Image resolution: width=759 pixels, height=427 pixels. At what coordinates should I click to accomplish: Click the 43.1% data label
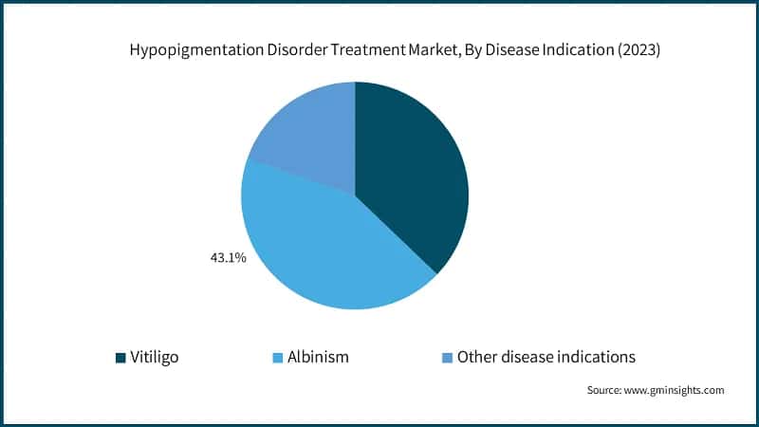(x=228, y=257)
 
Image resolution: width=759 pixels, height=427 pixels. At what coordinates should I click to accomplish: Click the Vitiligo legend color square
(x=120, y=358)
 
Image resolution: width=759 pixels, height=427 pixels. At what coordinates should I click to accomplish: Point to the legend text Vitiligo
(x=155, y=358)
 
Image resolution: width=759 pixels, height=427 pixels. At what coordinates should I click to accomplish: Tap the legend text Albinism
(x=320, y=358)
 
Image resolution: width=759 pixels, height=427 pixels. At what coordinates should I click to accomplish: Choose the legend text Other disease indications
(x=546, y=358)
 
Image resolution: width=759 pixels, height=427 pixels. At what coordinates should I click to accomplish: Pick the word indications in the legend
(x=594, y=358)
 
